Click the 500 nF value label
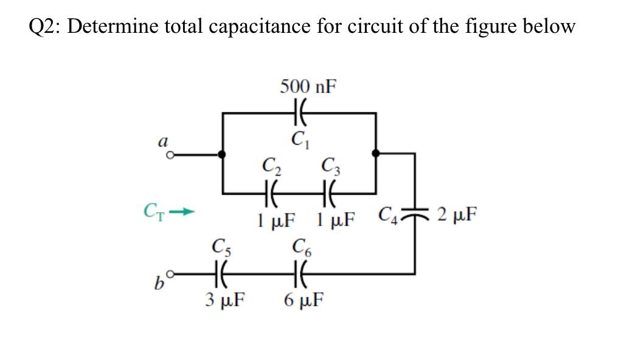(x=308, y=86)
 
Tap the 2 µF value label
(x=457, y=214)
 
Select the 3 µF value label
(x=225, y=300)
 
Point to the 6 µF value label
(x=304, y=300)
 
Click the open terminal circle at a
(x=171, y=154)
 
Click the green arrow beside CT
(x=182, y=212)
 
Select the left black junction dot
(x=222, y=154)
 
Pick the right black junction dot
(x=376, y=153)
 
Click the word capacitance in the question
(x=260, y=27)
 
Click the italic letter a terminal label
(x=163, y=141)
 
